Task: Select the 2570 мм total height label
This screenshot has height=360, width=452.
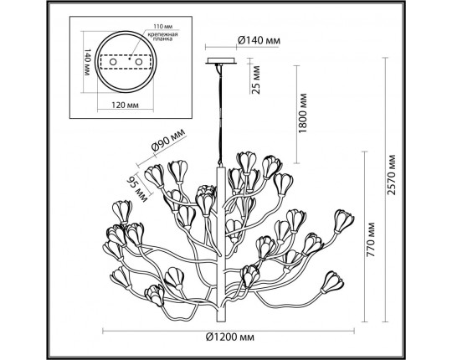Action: click(x=390, y=189)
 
